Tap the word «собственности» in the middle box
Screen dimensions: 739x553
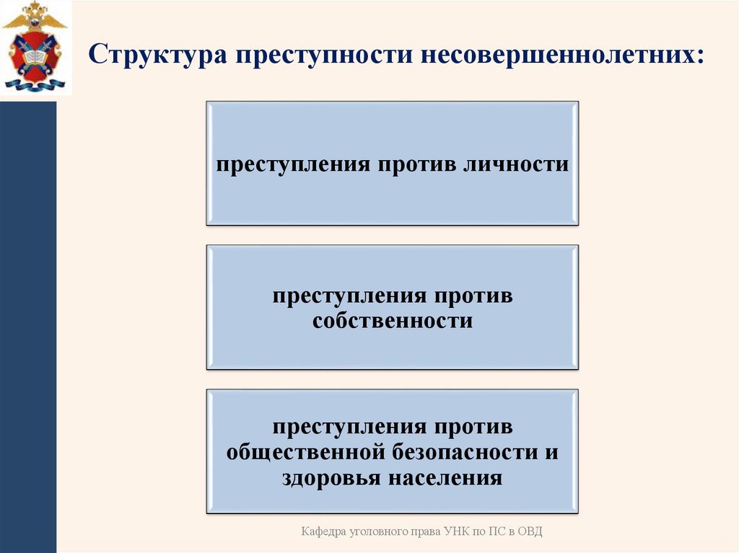(393, 320)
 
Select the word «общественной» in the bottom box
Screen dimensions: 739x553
(308, 453)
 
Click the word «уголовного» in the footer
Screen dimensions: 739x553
(375, 532)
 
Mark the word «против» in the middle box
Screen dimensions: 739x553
(472, 296)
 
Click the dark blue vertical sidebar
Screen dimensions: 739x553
(27, 324)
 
